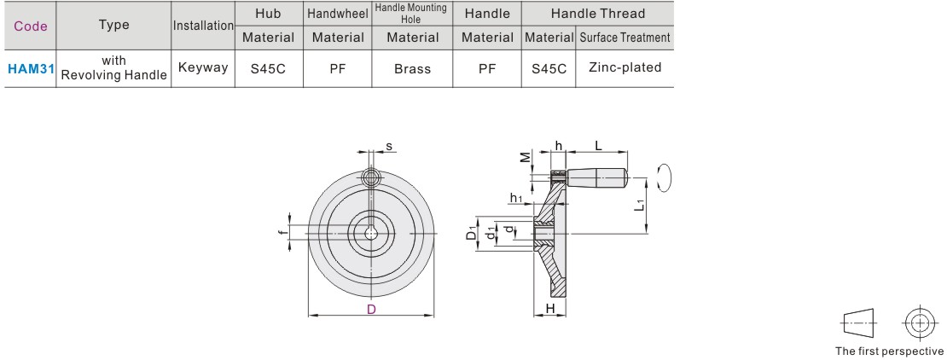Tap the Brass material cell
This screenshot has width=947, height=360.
point(412,69)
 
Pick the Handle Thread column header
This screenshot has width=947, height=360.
point(597,14)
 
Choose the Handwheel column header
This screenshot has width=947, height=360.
point(338,14)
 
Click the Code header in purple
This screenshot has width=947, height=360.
point(31,26)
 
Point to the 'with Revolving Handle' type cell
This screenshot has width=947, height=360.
point(114,68)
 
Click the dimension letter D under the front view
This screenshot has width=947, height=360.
point(371,310)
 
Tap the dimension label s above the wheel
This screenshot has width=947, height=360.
point(389,146)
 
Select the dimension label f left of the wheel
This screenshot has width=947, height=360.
point(282,232)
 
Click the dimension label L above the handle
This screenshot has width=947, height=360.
point(599,146)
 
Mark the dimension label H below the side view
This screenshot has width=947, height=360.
point(550,308)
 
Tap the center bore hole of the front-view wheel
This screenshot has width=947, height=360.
point(371,232)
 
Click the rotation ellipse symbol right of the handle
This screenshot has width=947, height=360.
point(667,179)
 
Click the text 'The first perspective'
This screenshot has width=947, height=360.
point(889,351)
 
